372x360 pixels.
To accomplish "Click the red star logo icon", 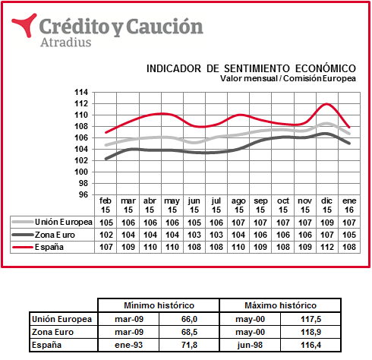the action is [x=25, y=24].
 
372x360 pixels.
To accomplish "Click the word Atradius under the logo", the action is [x=66, y=43].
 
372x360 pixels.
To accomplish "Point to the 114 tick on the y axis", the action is [x=81, y=92].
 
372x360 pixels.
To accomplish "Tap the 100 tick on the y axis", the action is [x=81, y=172].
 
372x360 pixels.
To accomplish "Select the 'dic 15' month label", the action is [x=327, y=205].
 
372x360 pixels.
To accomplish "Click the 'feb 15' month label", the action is [x=106, y=205].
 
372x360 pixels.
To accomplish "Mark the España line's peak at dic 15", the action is [x=326, y=104].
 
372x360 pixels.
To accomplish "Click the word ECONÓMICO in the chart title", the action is [x=326, y=68].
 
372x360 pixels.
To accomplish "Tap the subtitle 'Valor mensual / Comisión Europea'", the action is [x=288, y=78].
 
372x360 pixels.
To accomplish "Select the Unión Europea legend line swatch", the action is [x=23, y=222].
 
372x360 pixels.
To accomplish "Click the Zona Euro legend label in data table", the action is [x=55, y=235].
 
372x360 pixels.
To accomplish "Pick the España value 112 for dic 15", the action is [x=327, y=247].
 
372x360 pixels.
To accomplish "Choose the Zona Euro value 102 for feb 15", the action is [x=106, y=235].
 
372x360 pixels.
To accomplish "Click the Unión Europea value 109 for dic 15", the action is [x=327, y=223].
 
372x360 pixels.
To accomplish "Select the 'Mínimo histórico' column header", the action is [x=159, y=305].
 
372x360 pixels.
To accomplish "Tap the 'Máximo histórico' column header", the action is [x=280, y=305].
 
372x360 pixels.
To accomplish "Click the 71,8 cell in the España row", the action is [x=189, y=345].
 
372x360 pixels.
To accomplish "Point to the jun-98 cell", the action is [x=250, y=345].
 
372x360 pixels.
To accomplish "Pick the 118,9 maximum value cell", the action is [x=311, y=332].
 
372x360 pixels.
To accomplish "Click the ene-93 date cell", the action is [x=129, y=345].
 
